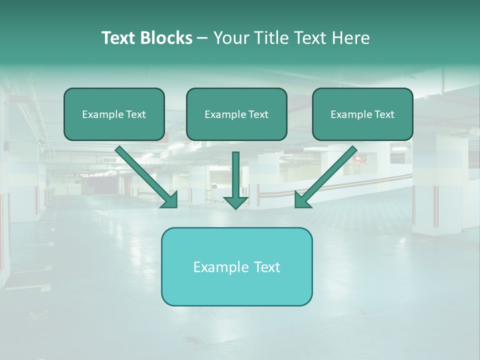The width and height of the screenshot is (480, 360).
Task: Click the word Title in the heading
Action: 268,38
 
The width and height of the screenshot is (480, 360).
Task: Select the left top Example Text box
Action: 114,114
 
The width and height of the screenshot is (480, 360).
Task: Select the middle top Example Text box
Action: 236,114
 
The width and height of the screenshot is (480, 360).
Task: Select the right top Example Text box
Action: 362,114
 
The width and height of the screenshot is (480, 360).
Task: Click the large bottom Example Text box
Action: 236,266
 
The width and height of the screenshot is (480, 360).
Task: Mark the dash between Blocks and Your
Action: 202,38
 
